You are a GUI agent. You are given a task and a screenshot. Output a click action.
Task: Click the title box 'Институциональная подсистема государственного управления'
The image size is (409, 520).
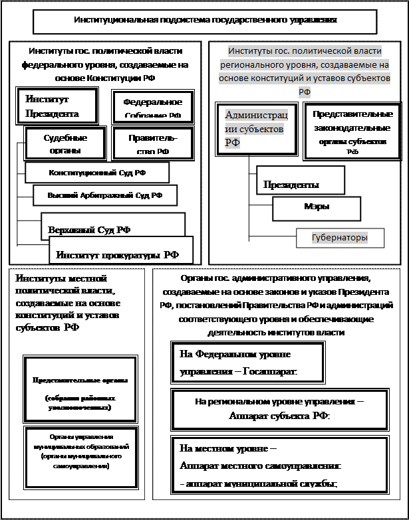[204, 21]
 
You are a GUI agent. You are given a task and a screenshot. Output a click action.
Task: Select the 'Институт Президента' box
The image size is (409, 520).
[57, 106]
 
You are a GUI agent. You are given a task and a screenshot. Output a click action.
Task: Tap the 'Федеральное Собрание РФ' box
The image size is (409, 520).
[152, 108]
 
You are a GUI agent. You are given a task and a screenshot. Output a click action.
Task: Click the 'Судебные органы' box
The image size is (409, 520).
[65, 144]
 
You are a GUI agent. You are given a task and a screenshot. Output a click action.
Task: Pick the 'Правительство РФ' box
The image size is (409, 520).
[153, 144]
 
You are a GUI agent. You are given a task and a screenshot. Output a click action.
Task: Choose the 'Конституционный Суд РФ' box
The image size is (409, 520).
[97, 173]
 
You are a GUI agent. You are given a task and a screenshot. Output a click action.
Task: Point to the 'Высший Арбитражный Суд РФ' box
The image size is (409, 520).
[105, 195]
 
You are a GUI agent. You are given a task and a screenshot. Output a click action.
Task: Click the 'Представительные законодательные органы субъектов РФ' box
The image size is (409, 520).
[348, 131]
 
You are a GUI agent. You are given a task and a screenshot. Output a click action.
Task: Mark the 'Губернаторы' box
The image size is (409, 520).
[341, 237]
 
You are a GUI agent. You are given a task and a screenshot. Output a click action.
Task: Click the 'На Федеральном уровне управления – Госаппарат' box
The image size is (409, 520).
[248, 362]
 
